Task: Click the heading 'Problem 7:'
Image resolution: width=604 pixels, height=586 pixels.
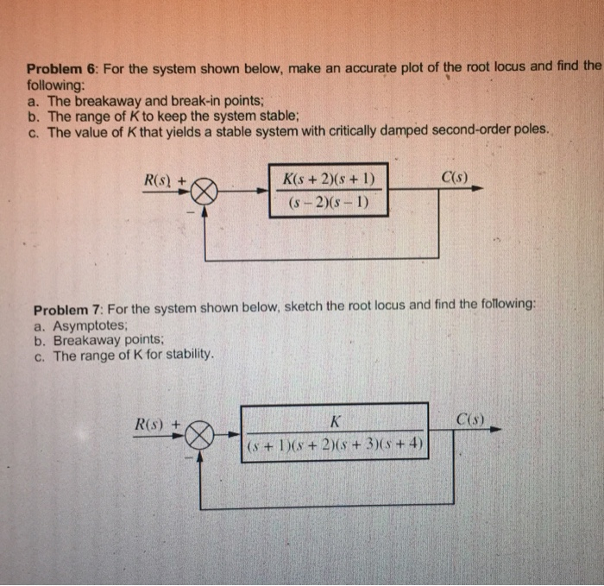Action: pos(66,308)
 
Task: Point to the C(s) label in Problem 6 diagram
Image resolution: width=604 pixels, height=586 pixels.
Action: pos(455,179)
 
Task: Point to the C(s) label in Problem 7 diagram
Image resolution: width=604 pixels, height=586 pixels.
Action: pos(469,420)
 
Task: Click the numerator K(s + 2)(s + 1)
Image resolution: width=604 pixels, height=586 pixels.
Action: pos(323,180)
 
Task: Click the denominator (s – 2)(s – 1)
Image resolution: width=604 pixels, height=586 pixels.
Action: pos(323,205)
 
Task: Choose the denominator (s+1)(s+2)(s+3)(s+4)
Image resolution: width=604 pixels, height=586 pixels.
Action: pos(333,446)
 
